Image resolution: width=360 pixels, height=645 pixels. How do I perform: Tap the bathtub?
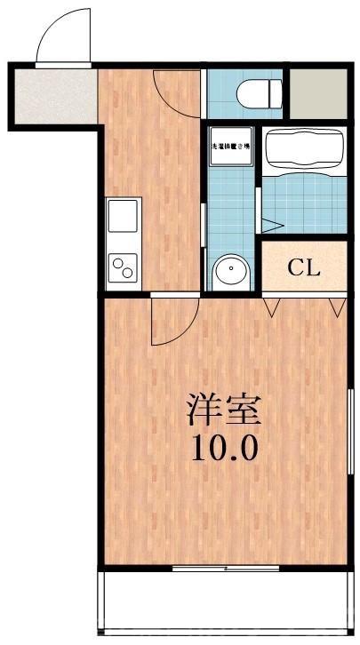[304, 147]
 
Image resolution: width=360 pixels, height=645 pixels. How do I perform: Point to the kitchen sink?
[123, 215]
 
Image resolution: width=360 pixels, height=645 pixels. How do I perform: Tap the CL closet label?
[303, 267]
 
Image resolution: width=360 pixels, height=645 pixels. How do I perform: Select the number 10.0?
[224, 447]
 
